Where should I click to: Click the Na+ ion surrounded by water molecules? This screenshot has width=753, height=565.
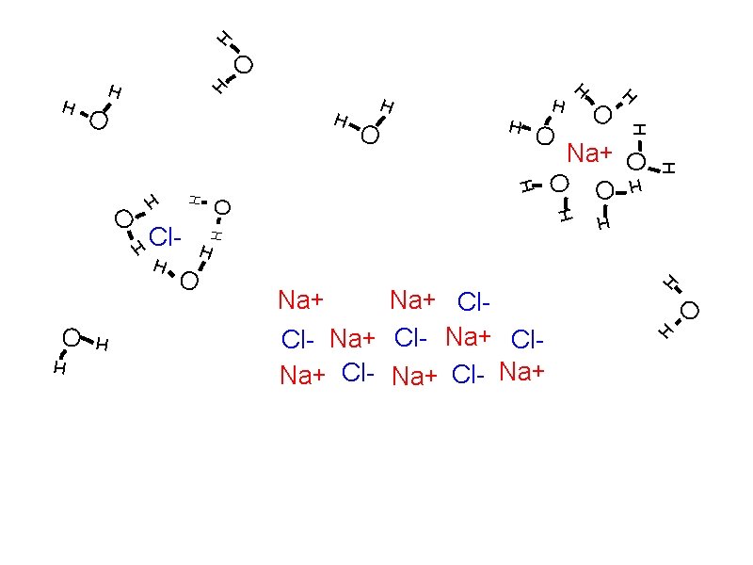590,153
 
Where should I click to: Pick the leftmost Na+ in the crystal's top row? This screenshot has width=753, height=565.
301,300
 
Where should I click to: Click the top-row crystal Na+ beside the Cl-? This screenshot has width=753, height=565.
414,300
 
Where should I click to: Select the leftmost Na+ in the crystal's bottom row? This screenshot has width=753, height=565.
303,376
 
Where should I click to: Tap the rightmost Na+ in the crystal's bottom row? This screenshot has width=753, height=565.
522,372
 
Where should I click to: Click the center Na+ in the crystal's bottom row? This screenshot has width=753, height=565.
415,377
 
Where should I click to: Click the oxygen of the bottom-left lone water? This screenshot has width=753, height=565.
72,337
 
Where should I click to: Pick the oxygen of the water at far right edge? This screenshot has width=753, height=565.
690,310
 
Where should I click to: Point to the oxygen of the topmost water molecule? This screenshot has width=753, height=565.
244,65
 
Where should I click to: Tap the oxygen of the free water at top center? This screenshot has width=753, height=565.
370,137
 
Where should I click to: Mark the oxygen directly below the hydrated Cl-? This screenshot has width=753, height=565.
189,281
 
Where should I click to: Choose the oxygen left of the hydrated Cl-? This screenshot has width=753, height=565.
123,219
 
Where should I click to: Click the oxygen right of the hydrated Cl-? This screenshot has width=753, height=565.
222,207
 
